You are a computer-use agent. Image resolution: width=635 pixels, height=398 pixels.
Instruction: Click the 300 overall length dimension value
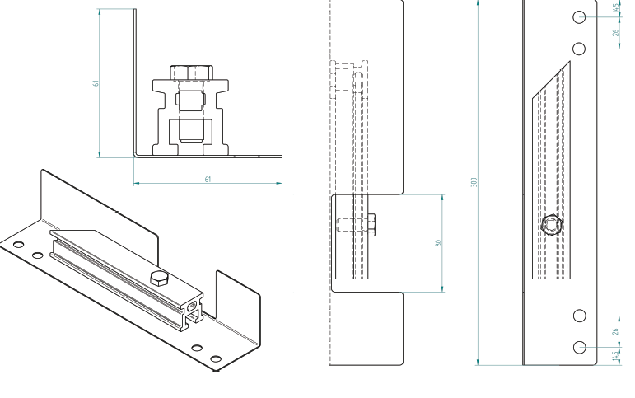(x=474, y=182)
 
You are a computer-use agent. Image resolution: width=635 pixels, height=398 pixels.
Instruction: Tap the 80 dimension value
(x=439, y=243)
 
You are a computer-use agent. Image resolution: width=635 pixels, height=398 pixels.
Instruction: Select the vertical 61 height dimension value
(x=96, y=82)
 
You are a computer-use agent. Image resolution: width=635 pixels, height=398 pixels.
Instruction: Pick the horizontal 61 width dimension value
(x=207, y=178)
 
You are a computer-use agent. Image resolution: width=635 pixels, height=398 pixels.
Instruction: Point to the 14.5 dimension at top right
(x=616, y=8)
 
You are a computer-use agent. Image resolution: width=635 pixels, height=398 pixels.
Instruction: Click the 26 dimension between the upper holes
(x=616, y=33)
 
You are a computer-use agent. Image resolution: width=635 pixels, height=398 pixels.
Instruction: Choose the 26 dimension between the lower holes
(x=616, y=331)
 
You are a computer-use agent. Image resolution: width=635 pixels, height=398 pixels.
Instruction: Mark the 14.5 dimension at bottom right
(x=616, y=355)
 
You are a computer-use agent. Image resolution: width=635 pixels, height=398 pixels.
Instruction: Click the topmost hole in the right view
(x=580, y=16)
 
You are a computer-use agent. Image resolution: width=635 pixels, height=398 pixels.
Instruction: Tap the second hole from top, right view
(x=580, y=48)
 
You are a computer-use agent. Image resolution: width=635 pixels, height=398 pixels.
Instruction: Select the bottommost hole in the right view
(x=580, y=347)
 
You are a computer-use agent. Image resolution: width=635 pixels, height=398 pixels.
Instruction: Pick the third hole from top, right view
(x=580, y=316)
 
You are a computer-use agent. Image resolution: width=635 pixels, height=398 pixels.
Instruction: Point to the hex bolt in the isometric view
(x=157, y=278)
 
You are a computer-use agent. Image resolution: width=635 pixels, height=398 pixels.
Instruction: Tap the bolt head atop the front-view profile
(x=191, y=73)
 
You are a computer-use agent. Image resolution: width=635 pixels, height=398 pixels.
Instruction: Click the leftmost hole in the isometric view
(x=18, y=245)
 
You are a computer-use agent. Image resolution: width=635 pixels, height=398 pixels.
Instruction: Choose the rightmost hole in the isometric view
(x=216, y=358)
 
